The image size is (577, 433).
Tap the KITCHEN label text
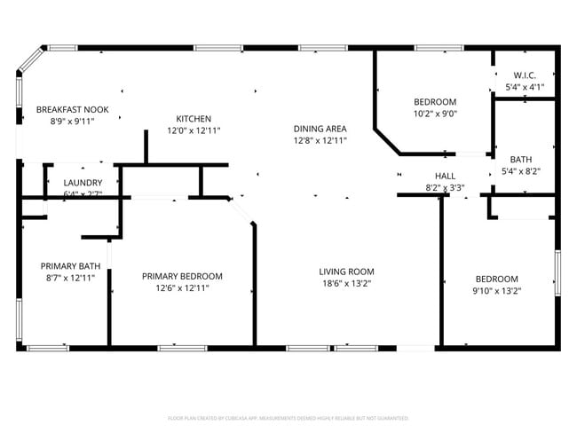point(194,119)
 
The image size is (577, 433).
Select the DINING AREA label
point(320,129)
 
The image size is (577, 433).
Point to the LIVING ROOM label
point(347,272)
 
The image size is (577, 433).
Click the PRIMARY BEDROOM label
point(182,276)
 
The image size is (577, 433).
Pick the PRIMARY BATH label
point(70,266)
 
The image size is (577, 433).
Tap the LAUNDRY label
point(83,183)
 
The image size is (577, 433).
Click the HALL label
point(445,176)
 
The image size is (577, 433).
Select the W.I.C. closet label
point(524,75)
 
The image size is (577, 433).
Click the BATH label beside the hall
point(520,160)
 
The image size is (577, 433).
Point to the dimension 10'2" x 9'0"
point(435,113)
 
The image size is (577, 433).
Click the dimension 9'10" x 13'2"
point(496,289)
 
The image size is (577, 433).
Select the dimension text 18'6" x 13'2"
point(347,284)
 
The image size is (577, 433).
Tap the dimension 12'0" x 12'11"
point(194,130)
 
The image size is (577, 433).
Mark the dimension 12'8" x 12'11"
point(320,140)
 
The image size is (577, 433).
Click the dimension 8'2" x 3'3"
point(445,187)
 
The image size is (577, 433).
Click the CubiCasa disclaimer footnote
point(288,417)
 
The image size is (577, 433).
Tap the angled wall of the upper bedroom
point(387,141)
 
